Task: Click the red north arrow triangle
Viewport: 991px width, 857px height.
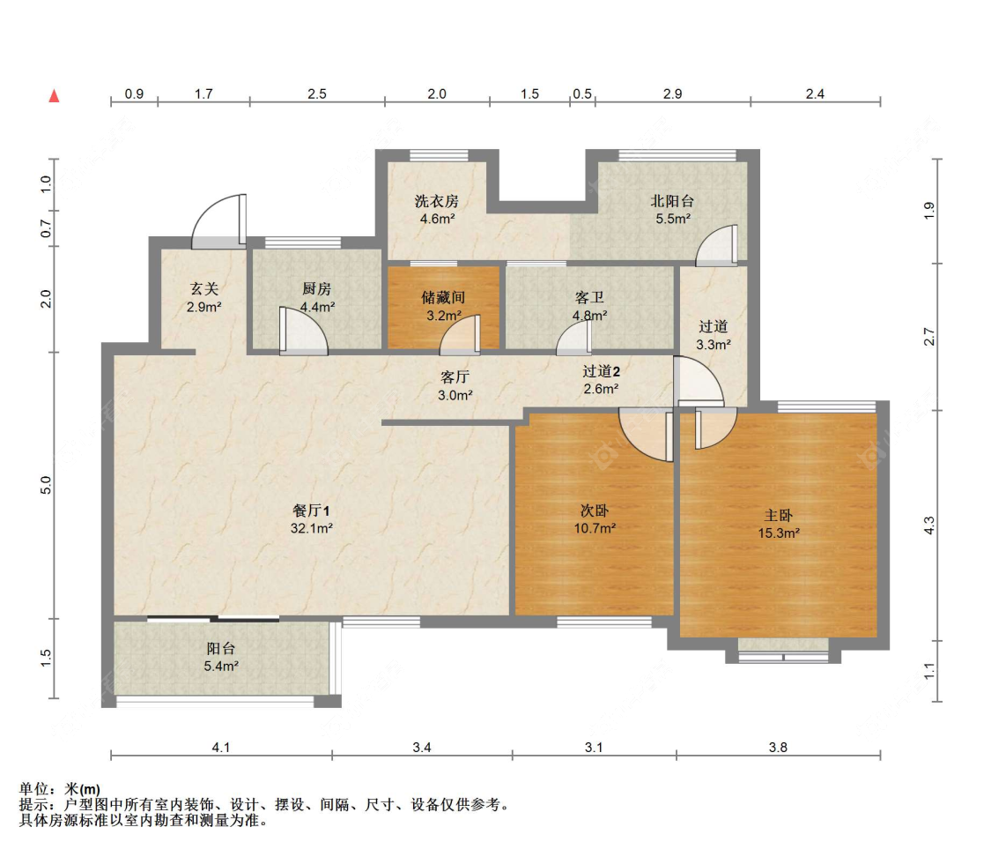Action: (54, 95)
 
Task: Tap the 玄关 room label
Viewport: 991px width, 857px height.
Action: (203, 288)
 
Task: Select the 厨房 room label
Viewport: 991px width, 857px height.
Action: (317, 288)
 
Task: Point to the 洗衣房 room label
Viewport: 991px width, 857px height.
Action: (437, 201)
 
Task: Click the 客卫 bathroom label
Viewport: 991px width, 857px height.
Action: (589, 297)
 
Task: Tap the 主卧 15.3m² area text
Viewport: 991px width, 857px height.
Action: (779, 533)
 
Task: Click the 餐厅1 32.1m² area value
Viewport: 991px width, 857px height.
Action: (312, 528)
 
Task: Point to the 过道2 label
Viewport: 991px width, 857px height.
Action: (601, 371)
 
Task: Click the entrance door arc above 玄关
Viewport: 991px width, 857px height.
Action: (219, 220)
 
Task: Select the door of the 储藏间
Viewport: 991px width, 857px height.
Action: (459, 332)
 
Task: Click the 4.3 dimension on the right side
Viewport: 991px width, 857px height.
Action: (928, 526)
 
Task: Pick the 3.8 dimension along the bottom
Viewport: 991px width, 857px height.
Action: (778, 748)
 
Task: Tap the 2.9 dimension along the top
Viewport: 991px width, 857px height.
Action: (672, 93)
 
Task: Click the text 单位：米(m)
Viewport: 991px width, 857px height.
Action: (60, 788)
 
